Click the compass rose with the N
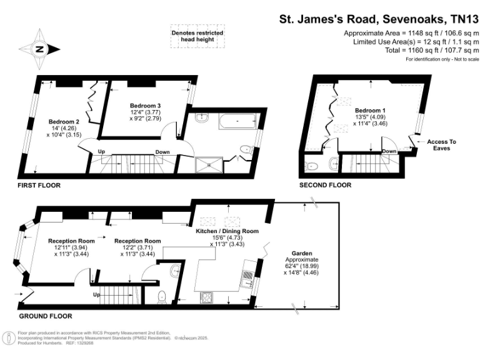(39, 49)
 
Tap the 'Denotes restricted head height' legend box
(197, 36)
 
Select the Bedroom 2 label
(64, 121)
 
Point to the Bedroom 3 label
(146, 106)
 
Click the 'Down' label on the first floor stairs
(162, 152)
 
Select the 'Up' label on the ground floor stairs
(96, 294)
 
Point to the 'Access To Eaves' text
(442, 145)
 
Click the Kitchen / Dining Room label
(227, 231)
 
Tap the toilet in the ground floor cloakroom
(161, 296)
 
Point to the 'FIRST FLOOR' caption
(41, 186)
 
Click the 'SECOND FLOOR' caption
(325, 185)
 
